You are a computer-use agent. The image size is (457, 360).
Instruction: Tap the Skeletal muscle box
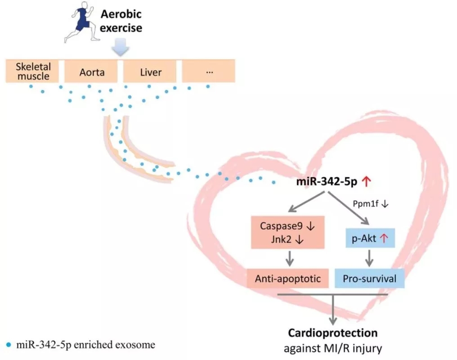coord(32,71)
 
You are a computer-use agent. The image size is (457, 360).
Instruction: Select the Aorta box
coord(91,72)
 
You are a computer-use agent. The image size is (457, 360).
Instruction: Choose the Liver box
coord(150,72)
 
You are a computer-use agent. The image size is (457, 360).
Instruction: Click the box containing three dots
coord(209,72)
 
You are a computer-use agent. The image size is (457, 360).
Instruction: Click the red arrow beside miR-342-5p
coord(366,181)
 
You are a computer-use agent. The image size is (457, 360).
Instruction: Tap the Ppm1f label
coord(366,203)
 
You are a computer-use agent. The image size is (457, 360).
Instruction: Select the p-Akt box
coord(370,238)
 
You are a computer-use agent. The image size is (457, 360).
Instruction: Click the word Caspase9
coord(281,226)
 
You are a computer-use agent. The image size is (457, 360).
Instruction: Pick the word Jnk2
coord(281,239)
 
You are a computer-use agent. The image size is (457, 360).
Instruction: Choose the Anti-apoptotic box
coord(288,279)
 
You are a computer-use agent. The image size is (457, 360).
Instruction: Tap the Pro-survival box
coord(370,279)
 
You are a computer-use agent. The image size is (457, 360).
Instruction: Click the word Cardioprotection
coord(333,333)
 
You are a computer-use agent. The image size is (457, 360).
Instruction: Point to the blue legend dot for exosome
coord(9,345)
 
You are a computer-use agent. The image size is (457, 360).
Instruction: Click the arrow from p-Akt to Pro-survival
coord(370,258)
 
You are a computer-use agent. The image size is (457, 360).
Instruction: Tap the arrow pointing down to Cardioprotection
coord(333,310)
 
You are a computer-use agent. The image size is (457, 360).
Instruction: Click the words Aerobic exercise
coord(121,21)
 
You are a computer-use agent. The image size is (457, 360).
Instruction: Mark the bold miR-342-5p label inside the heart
coord(327,182)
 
